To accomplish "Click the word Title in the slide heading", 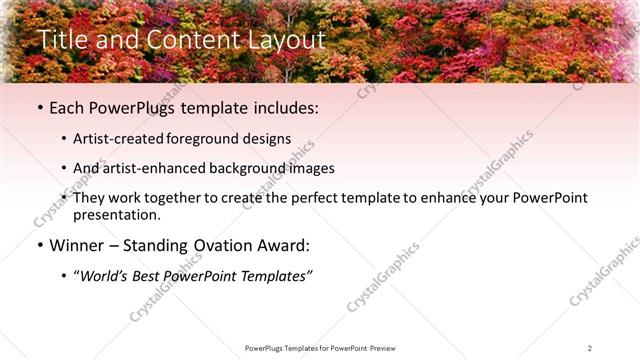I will point(61,40).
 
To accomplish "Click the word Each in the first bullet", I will point(68,108).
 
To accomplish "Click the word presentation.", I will point(117,214).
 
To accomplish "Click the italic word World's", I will point(105,276).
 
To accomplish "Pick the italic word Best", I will point(150,276).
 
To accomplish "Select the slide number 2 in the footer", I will point(590,347).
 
